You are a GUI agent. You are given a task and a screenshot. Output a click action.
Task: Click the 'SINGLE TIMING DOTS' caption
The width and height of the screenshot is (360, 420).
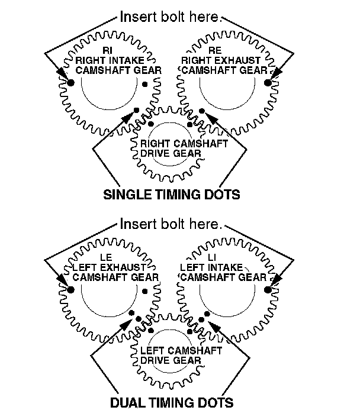pyautogui.click(x=172, y=194)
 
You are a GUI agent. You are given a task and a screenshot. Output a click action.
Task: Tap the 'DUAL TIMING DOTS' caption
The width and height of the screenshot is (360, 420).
pyautogui.click(x=172, y=403)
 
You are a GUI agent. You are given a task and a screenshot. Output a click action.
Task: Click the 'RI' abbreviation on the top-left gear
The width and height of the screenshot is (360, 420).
pyautogui.click(x=107, y=50)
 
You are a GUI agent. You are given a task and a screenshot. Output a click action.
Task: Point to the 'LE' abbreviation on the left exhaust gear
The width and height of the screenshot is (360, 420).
pyautogui.click(x=107, y=257)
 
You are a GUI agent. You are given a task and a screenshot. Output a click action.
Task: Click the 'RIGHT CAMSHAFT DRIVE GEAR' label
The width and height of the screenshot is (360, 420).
pyautogui.click(x=171, y=148)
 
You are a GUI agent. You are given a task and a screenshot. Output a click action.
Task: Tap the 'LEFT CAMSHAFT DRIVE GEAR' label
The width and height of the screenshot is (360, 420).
pyautogui.click(x=172, y=357)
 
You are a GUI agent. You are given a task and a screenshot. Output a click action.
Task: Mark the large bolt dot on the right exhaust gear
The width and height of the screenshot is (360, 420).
pyautogui.click(x=268, y=83)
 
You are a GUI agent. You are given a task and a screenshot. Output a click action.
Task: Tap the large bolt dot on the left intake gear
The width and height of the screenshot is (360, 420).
pyautogui.click(x=268, y=289)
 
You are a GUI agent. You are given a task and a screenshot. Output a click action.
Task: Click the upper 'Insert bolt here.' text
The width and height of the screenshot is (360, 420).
pyautogui.click(x=171, y=17)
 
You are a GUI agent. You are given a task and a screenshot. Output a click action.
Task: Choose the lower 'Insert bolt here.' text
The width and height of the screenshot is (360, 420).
pyautogui.click(x=171, y=224)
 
